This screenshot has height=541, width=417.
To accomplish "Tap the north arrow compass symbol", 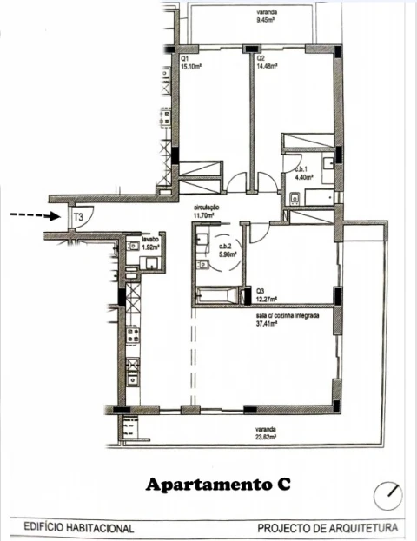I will click(x=387, y=497).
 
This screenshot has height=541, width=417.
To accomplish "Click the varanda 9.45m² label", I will click(x=268, y=17).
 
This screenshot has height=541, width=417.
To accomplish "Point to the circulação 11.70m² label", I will click(x=211, y=211).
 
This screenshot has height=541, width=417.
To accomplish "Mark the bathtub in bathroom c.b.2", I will click(x=220, y=294).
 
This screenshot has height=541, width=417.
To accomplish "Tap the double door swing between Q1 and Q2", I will click(x=243, y=181).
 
